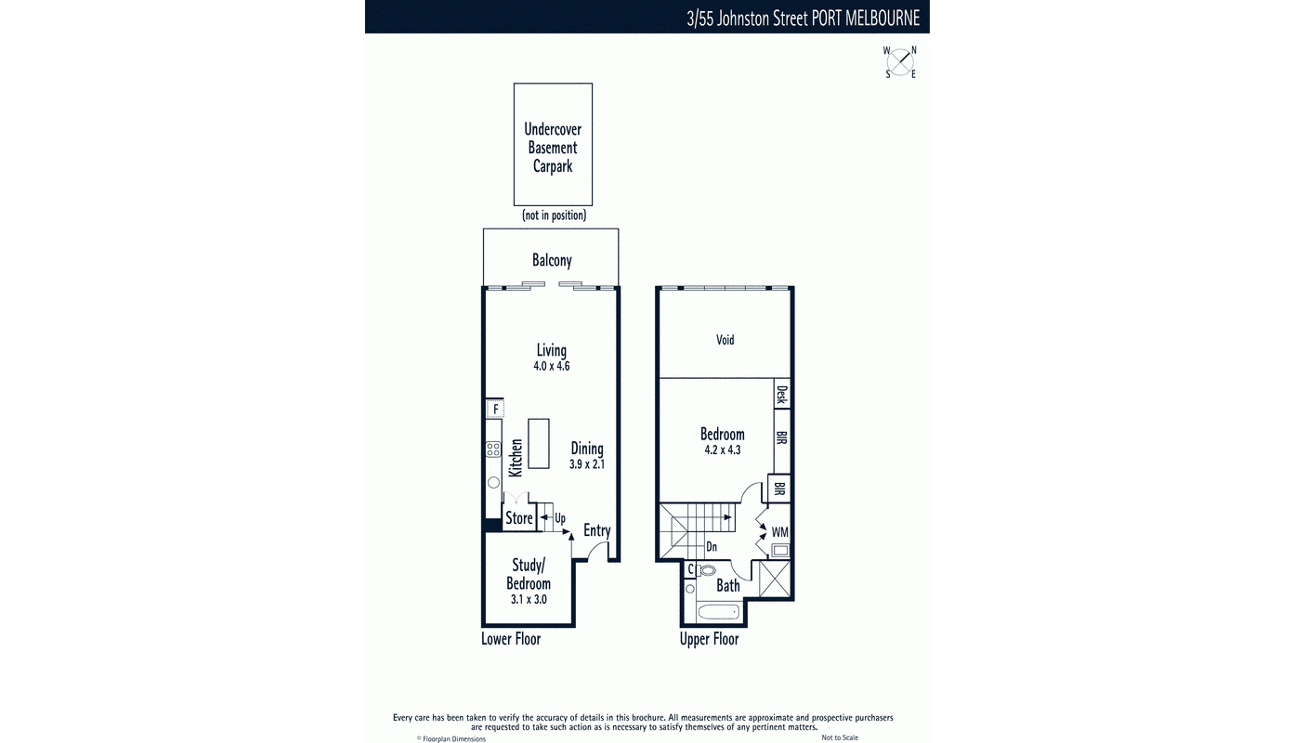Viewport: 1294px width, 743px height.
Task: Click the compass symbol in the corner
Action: [x=900, y=62]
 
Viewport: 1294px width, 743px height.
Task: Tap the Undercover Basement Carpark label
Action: [x=553, y=148]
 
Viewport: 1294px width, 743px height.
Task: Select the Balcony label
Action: [x=552, y=261]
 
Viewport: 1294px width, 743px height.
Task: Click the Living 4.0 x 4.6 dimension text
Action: [x=551, y=366]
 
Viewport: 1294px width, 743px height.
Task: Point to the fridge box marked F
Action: [x=495, y=409]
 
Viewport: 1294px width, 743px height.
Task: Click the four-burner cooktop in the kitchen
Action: [x=492, y=450]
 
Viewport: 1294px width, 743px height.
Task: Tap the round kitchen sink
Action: [x=493, y=483]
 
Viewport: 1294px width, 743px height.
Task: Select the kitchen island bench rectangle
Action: [x=538, y=443]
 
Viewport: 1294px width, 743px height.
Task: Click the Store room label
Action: [x=519, y=518]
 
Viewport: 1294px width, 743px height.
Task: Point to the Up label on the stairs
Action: [x=560, y=518]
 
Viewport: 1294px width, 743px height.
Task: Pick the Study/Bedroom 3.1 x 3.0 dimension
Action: [x=528, y=600]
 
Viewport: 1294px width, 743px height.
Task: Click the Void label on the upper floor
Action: [x=725, y=340]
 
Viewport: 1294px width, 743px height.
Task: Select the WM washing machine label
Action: [x=780, y=532]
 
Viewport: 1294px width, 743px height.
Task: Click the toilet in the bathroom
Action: [x=708, y=570]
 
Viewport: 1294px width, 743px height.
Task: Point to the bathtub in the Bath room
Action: [x=718, y=611]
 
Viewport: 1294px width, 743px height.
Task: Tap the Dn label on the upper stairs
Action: [x=712, y=547]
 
